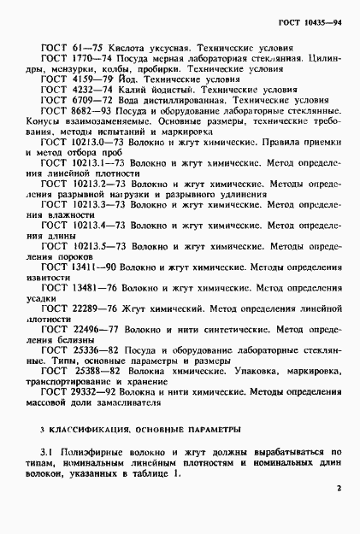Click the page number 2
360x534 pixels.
point(339,489)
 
